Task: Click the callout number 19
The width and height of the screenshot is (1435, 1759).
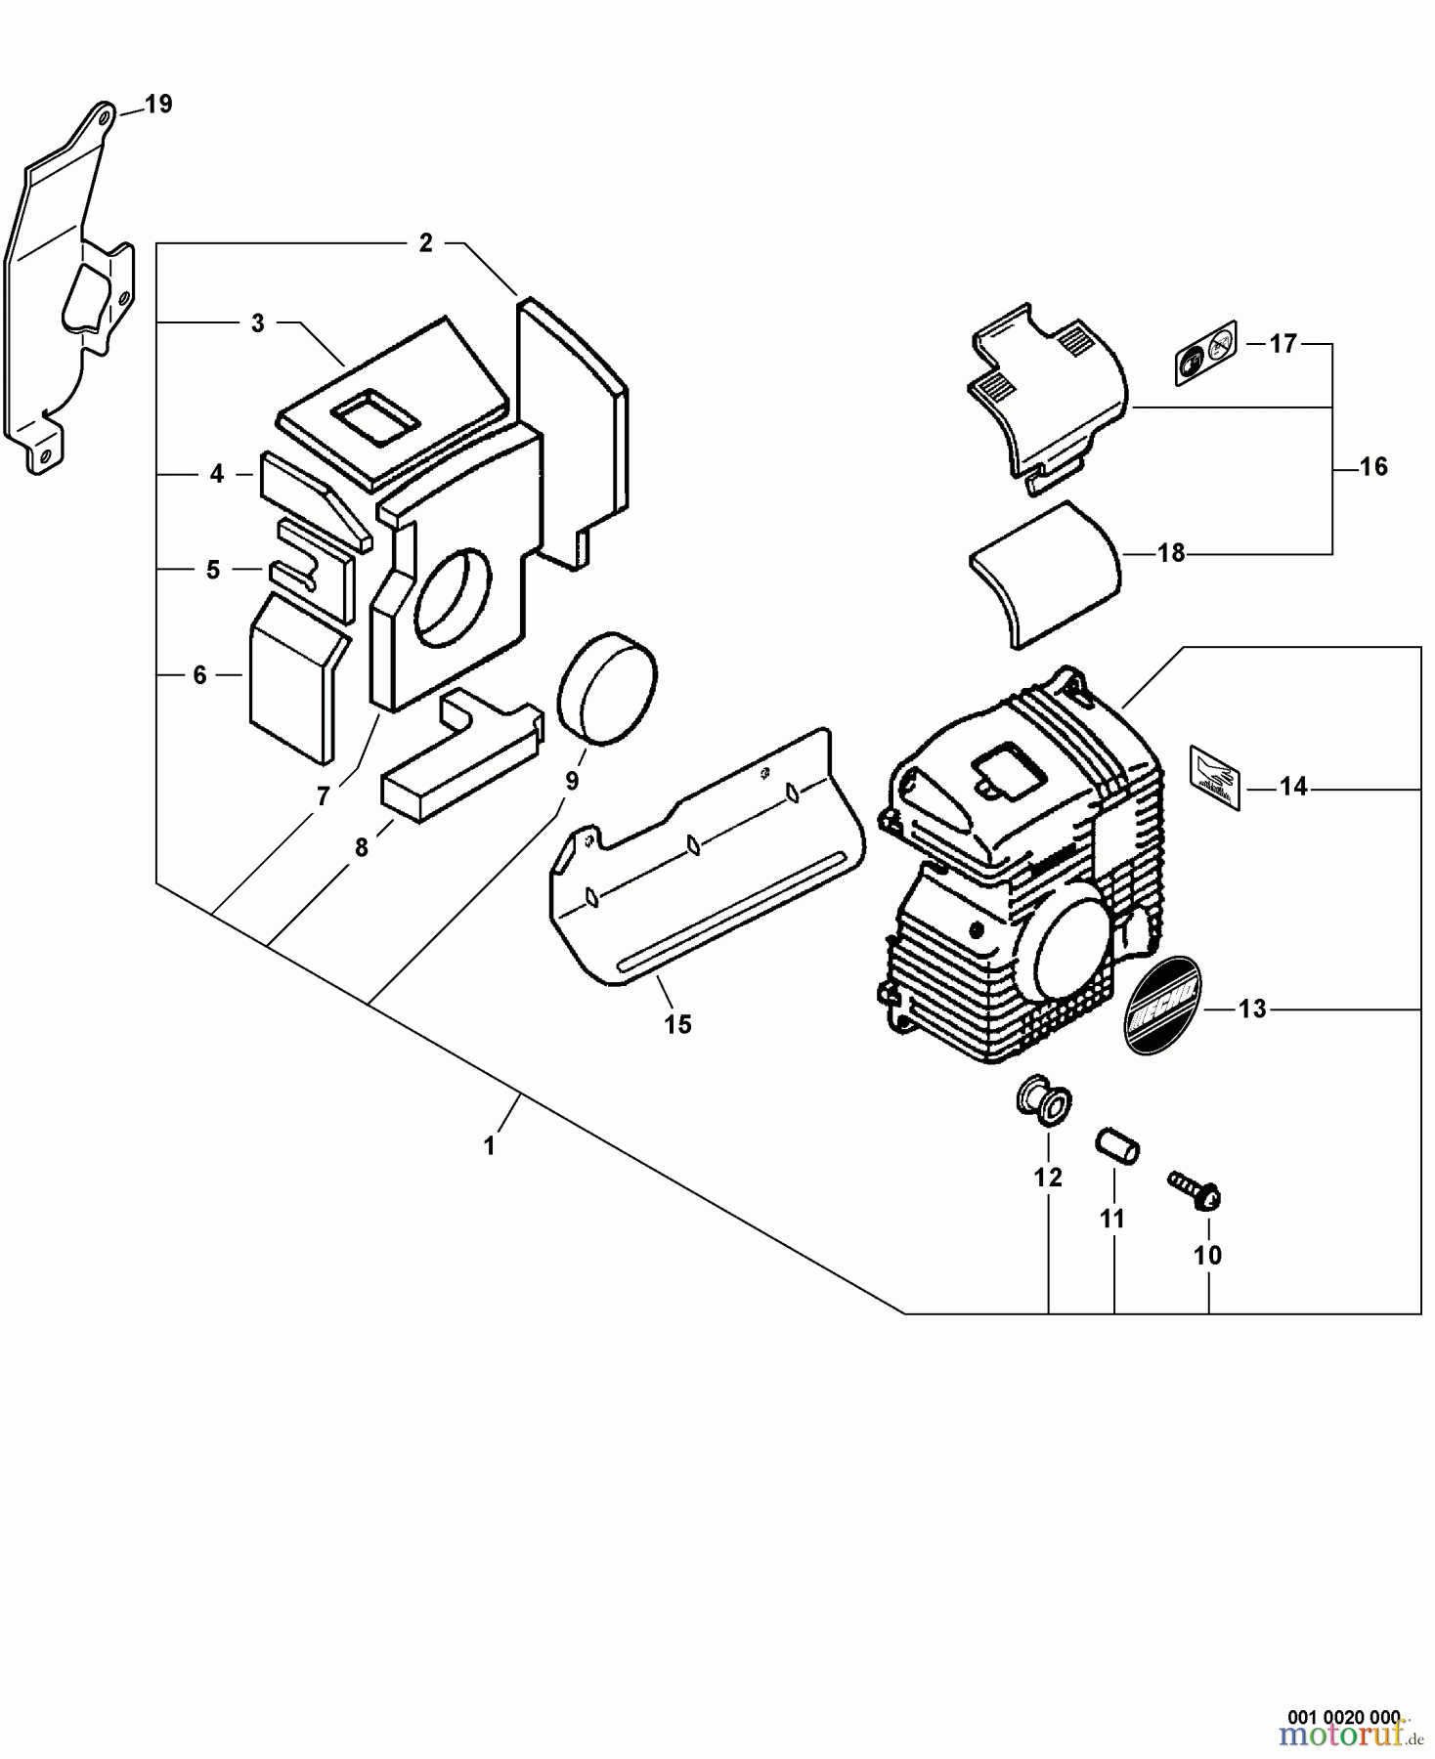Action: point(158,105)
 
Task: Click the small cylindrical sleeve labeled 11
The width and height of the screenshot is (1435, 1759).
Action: point(1116,1144)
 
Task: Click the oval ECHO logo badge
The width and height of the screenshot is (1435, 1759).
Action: point(1163,1006)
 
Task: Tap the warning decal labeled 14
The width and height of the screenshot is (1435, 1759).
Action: point(1215,778)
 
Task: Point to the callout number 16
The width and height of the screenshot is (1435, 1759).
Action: point(1373,467)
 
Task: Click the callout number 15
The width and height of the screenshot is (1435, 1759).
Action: point(677,1025)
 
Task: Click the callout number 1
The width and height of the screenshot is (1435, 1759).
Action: point(490,1145)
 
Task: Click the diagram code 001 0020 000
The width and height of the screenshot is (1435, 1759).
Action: point(1343,1716)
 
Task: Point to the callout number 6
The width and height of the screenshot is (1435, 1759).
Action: point(199,674)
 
